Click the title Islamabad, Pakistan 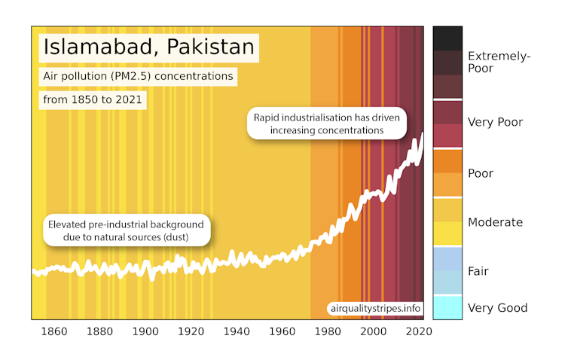coord(148,47)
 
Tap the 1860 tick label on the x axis coord(53,331)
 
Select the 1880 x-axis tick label coord(99,331)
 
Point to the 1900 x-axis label coord(145,331)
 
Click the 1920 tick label coord(191,331)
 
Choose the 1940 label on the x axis coord(237,331)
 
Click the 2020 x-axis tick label coord(419,331)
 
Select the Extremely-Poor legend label coord(499,62)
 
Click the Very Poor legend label coord(495,122)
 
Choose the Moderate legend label coord(495,222)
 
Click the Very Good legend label coord(497,307)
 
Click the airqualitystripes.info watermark coord(374,308)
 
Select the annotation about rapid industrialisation coord(328,124)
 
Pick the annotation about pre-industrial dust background coord(126,231)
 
